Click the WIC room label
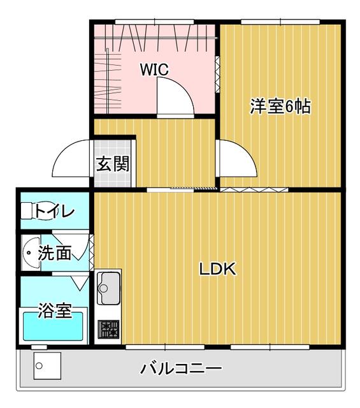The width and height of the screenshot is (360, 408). [154, 69]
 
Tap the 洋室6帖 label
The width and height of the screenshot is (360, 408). [280, 106]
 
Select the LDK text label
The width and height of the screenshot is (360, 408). [218, 269]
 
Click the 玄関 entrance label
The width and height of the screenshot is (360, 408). [113, 164]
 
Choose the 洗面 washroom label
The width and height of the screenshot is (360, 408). [54, 253]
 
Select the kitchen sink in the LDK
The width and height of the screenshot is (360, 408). [108, 289]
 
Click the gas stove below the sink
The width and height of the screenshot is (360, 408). [108, 330]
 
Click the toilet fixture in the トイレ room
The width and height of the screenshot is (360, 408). [28, 210]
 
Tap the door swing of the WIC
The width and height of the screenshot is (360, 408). [173, 99]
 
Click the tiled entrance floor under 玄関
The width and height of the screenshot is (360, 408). [113, 177]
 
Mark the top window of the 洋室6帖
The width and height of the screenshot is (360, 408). [280, 23]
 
